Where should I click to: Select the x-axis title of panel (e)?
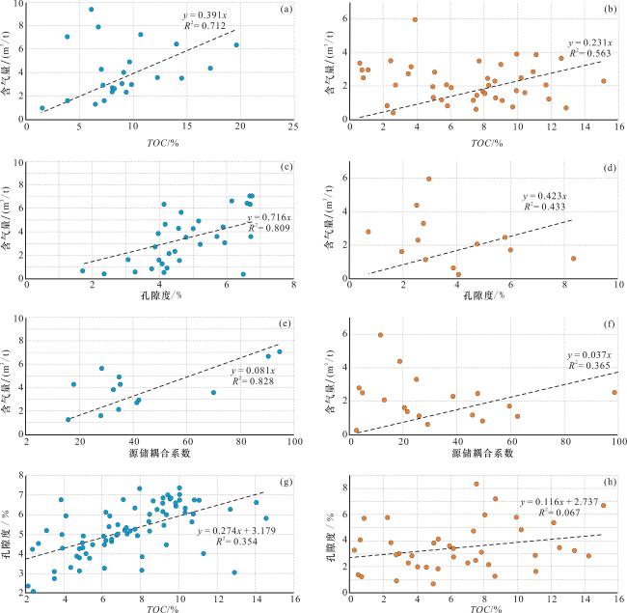tap(159, 452)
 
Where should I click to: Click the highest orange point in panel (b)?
tap(415, 20)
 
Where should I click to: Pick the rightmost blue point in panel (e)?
tap(280, 351)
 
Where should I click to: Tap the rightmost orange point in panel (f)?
tap(613, 393)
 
